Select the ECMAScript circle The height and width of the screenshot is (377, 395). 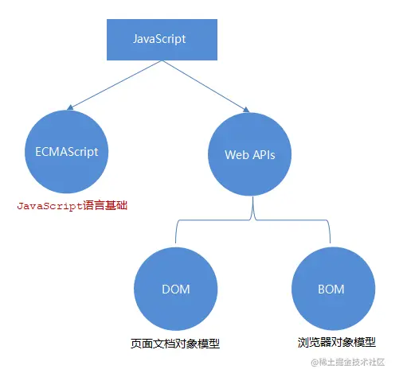66,151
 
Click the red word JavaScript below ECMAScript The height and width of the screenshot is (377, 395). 50,205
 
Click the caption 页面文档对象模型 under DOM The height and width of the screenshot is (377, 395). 175,344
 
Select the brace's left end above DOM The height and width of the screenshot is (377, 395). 175,243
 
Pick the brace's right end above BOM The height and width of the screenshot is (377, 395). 330,243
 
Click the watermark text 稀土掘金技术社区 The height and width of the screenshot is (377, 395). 354,363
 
